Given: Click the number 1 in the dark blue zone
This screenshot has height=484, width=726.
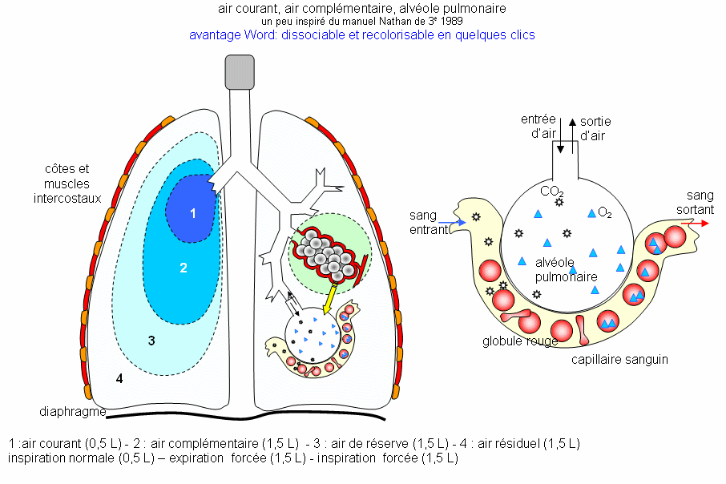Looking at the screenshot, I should pyautogui.click(x=192, y=213).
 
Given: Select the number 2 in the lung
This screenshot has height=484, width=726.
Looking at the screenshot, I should pyautogui.click(x=184, y=268).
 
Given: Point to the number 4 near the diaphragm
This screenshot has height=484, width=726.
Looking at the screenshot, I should pyautogui.click(x=119, y=378).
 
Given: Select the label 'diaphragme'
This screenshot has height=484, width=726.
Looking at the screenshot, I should pyautogui.click(x=72, y=412).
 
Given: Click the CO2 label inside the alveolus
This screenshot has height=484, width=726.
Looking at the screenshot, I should pyautogui.click(x=551, y=192).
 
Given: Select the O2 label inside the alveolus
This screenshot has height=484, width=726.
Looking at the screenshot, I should pyautogui.click(x=606, y=212).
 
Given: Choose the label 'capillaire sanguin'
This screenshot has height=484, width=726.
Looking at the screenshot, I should pyautogui.click(x=619, y=359).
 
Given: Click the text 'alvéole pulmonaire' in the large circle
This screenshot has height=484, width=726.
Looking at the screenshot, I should pyautogui.click(x=567, y=269).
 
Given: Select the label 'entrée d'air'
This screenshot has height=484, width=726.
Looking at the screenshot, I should pyautogui.click(x=538, y=127).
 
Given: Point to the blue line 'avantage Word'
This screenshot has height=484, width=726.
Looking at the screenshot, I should pyautogui.click(x=361, y=35).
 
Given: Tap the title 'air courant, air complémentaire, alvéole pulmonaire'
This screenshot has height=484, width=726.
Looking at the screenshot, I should pyautogui.click(x=361, y=9).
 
